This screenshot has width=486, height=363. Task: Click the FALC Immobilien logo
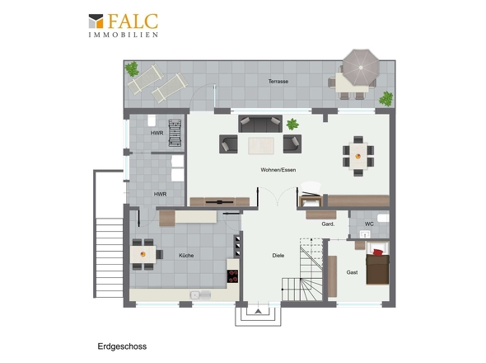coord(124,26)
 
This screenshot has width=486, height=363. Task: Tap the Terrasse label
coord(278,82)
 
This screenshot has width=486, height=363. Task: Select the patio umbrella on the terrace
coord(361,68)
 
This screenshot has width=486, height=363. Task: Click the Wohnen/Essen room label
coord(278,170)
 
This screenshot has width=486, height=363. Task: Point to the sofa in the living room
coord(260,124)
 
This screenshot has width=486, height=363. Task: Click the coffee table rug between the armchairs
coord(261,146)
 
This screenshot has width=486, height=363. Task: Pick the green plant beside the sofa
coord(292,125)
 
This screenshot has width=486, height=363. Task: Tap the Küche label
coord(186,255)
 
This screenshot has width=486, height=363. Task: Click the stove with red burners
coord(232,276)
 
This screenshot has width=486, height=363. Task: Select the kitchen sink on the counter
coord(200,295)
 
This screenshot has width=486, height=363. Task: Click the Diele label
coord(278,255)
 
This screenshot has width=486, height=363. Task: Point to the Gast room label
coord(352,272)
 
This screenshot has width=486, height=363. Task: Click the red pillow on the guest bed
coord(377,252)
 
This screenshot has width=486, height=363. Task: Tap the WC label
coord(369,224)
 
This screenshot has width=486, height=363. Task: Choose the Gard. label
coord(328,224)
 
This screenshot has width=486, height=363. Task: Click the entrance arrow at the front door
coord(258,311)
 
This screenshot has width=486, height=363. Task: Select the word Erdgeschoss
coord(122,346)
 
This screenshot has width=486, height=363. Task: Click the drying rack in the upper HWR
coord(175,133)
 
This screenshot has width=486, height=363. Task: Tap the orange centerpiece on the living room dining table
coord(358,156)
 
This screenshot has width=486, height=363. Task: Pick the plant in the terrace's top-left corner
coord(132,68)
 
